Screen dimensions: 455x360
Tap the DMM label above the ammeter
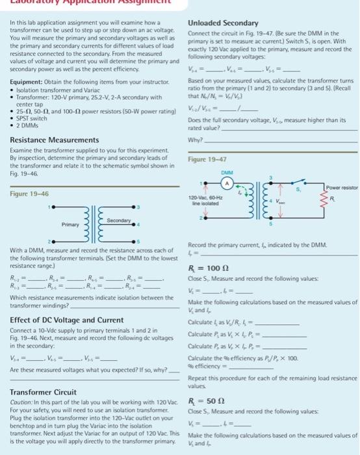tap(225, 173)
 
